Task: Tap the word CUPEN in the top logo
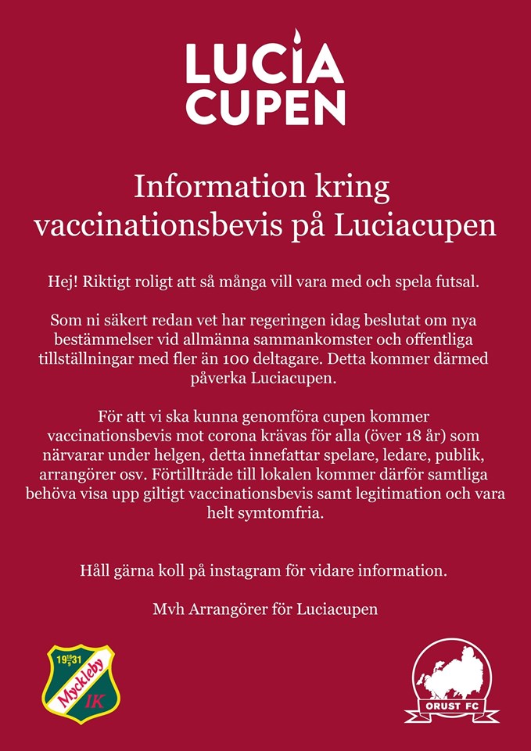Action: [265, 107]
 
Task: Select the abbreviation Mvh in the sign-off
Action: [169, 609]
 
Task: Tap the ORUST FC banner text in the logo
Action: [451, 711]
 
